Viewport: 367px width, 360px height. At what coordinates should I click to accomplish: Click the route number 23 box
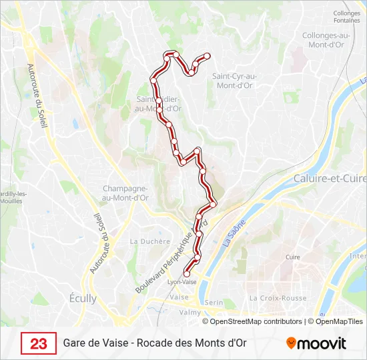click(38, 343)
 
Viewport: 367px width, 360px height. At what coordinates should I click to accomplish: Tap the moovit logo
click(316, 343)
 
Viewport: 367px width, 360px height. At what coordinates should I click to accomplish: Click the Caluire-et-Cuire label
click(330, 179)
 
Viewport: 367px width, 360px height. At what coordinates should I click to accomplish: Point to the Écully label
click(83, 299)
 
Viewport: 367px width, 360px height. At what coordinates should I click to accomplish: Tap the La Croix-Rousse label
click(276, 298)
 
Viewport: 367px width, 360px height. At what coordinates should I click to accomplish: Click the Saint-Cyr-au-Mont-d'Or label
click(234, 81)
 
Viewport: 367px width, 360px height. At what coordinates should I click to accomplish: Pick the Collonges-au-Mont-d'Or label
click(322, 40)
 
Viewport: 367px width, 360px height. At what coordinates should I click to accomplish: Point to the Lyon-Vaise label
click(181, 282)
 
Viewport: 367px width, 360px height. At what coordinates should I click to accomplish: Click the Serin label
click(214, 302)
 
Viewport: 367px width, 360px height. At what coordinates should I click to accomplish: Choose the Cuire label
click(292, 257)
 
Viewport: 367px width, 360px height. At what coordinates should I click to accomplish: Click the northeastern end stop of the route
click(208, 55)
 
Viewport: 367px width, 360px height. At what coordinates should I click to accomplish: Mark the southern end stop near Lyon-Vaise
click(187, 273)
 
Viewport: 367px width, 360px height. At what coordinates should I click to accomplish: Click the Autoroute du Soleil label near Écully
click(97, 243)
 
